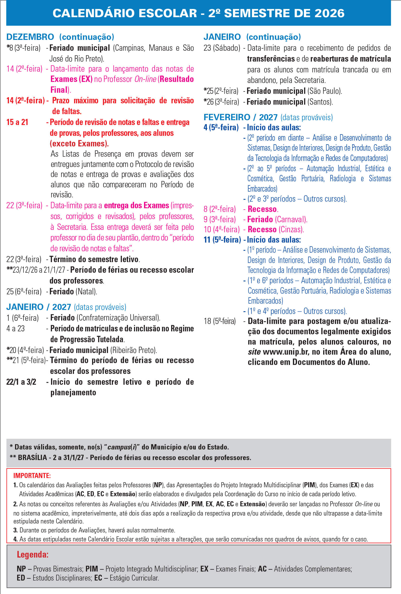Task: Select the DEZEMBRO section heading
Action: tap(30, 37)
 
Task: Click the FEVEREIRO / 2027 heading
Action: tap(240, 117)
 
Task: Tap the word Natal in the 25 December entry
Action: tap(86, 291)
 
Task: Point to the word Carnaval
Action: tap(291, 219)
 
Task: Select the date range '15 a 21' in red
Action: tap(17, 122)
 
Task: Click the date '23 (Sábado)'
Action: tap(222, 48)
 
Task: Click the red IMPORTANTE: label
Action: tap(32, 476)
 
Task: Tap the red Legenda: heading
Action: tap(32, 554)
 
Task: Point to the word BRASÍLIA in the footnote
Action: tap(32, 457)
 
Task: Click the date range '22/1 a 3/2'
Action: tap(21, 382)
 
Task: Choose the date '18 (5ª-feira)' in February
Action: tap(219, 321)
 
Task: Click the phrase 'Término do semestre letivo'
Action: tap(94, 259)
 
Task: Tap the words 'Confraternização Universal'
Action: tap(118, 318)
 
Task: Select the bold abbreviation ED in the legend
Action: tap(21, 578)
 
